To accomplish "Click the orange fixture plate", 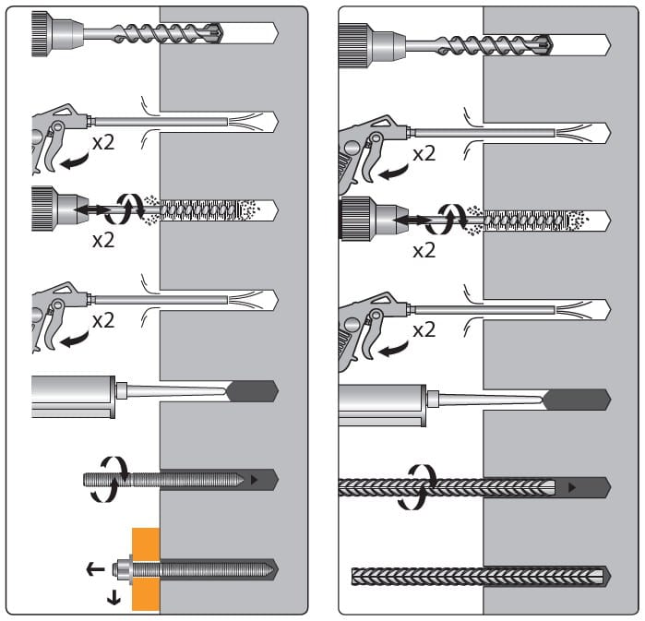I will (145, 591).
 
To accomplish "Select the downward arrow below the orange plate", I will (113, 598).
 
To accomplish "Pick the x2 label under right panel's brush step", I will (423, 250).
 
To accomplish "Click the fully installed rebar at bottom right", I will (478, 577).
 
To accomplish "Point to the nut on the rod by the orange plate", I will (123, 569).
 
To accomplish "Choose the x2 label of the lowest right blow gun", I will (423, 330).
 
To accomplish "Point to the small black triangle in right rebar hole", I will (571, 486).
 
